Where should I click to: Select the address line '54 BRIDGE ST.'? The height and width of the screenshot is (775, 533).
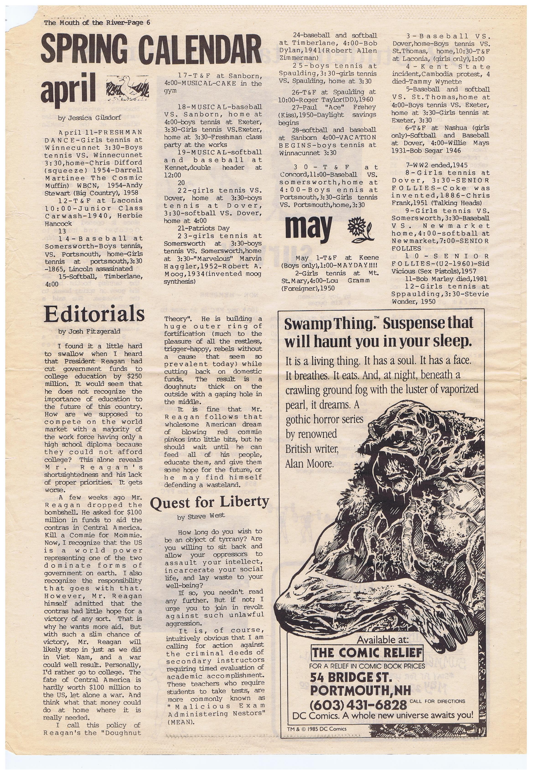pos(350,678)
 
